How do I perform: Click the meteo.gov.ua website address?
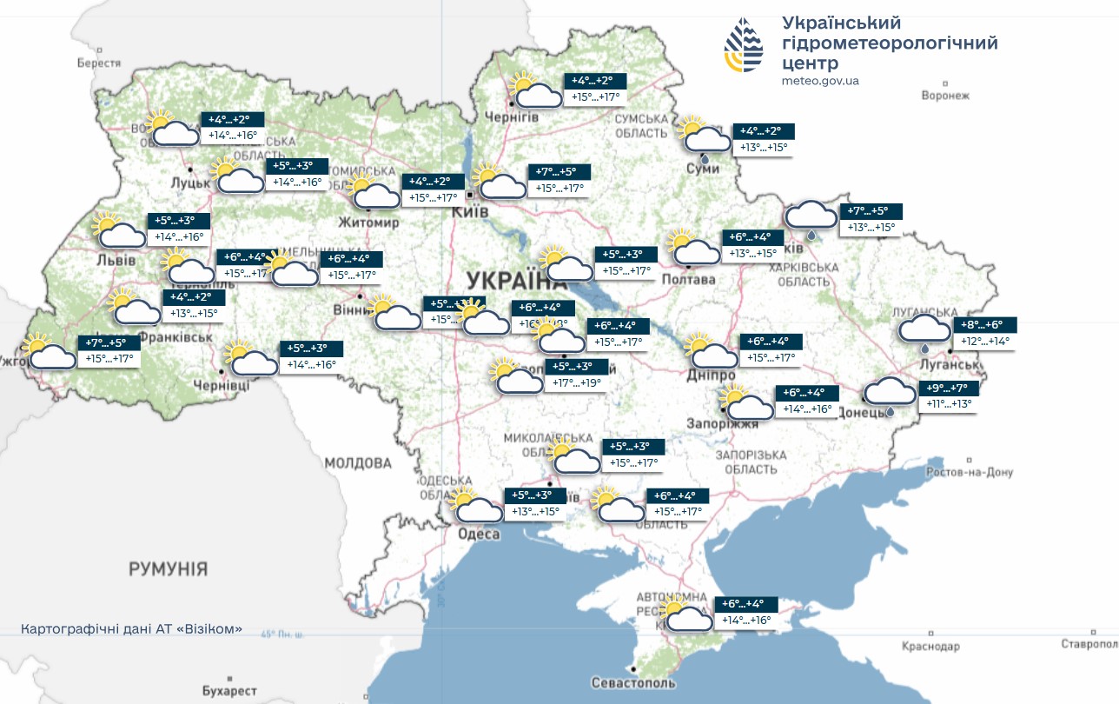[820, 81]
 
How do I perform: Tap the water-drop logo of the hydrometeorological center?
[745, 45]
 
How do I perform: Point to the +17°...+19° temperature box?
[572, 382]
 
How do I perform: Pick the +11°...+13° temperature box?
[949, 403]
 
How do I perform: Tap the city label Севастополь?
[632, 682]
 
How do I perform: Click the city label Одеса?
[480, 534]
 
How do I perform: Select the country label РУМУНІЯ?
[169, 569]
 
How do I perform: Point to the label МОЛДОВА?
[358, 462]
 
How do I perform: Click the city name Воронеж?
[945, 96]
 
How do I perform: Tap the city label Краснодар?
[930, 647]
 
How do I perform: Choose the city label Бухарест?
[228, 691]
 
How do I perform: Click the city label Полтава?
[688, 279]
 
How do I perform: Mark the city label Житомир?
[369, 222]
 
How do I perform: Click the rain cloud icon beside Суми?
[704, 139]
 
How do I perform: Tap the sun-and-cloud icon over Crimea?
[684, 614]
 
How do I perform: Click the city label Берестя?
[98, 63]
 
